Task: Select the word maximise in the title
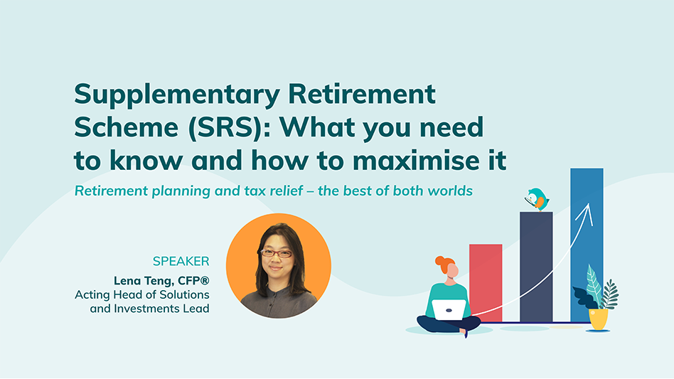[x=412, y=160]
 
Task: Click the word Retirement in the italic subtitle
[x=112, y=191]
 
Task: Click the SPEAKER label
[x=181, y=261]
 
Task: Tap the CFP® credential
[x=193, y=281]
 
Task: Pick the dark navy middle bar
[x=536, y=267]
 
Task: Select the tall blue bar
[x=587, y=245]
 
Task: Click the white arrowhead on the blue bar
[x=586, y=213]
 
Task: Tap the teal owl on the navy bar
[x=537, y=199]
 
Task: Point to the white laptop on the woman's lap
[x=449, y=310]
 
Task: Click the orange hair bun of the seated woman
[x=441, y=261]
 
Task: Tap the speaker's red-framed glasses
[x=276, y=254]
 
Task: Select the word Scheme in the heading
[x=127, y=127]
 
